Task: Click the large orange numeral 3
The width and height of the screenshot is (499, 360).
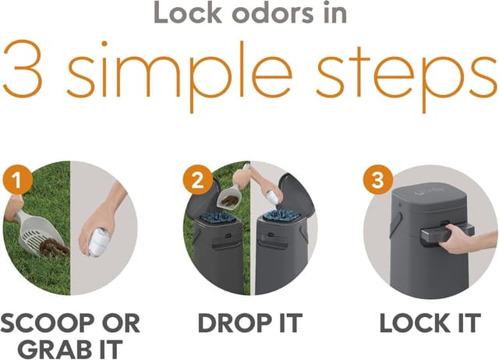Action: coord(23,69)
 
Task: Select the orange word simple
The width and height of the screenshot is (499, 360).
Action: coord(179,76)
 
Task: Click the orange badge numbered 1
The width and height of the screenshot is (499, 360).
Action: coord(17,180)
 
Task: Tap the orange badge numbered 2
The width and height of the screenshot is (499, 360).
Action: coord(197,180)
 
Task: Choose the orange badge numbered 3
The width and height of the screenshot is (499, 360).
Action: coord(377,180)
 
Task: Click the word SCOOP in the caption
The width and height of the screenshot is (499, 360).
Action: coord(48,323)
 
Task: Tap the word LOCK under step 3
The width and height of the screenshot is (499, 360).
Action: coord(416,323)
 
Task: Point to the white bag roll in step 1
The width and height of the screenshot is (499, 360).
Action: coord(99,242)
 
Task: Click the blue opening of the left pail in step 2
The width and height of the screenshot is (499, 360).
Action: coord(218,217)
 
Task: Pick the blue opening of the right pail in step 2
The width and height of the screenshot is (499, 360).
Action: coord(281,215)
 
